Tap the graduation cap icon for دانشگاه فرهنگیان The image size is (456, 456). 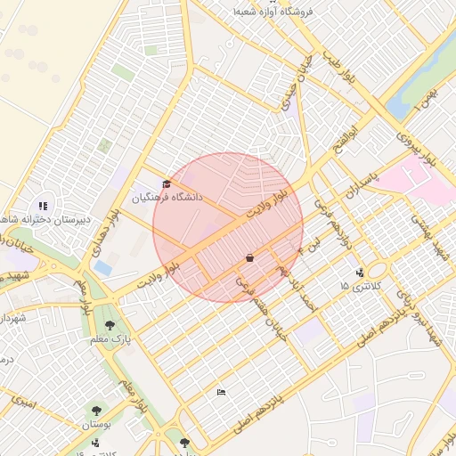click(x=167, y=184)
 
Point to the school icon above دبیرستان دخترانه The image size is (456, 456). click(x=44, y=206)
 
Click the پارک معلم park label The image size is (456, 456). click(x=113, y=339)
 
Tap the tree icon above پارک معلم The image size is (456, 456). click(x=110, y=326)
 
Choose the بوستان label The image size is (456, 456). click(x=95, y=425)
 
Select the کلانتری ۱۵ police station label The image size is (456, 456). click(x=359, y=286)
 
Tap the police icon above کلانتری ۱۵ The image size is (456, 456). click(x=359, y=273)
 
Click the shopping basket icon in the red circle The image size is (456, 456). click(x=249, y=258)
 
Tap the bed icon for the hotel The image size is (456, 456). click(x=221, y=392)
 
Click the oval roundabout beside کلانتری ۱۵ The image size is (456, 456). click(x=377, y=270)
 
